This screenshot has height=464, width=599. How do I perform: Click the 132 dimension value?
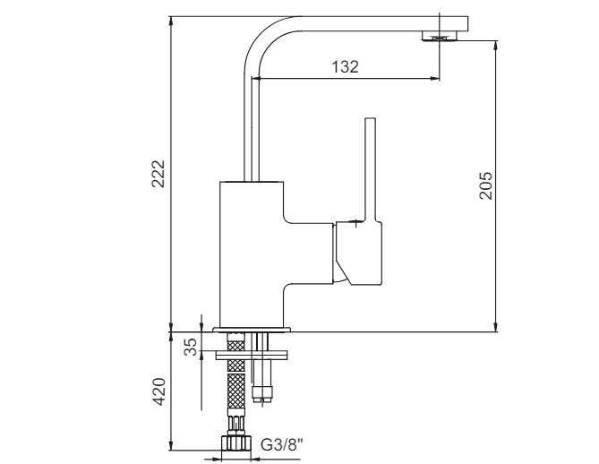coord(346,67)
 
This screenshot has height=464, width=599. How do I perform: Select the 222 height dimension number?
coord(158,174)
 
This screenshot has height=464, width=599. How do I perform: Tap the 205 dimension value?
coord(485,185)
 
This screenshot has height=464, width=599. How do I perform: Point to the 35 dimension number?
coord(191,347)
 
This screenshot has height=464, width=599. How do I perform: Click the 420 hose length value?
coord(158,391)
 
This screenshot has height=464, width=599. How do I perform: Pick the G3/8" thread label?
coord(282,444)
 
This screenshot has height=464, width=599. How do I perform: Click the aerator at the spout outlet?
coord(440,37)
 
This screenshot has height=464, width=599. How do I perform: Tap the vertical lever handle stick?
coord(370,169)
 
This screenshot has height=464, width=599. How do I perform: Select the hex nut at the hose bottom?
coord(236,443)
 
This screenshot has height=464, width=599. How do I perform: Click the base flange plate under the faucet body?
coord(252,330)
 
